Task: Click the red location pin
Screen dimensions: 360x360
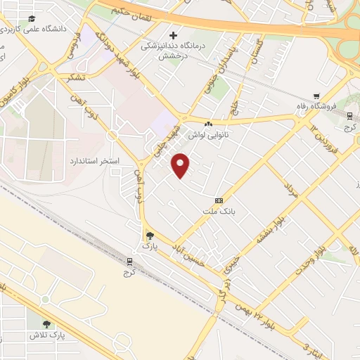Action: [x=181, y=165]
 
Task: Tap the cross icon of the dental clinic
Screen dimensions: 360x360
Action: [x=173, y=34]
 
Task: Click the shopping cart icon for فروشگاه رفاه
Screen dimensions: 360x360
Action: [x=316, y=96]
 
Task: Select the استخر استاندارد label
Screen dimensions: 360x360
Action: [x=94, y=162]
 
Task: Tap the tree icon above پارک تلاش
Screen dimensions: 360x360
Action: [x=46, y=324]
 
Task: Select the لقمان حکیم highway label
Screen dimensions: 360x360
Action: [x=137, y=11]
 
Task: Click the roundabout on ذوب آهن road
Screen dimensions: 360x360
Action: [x=111, y=135]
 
